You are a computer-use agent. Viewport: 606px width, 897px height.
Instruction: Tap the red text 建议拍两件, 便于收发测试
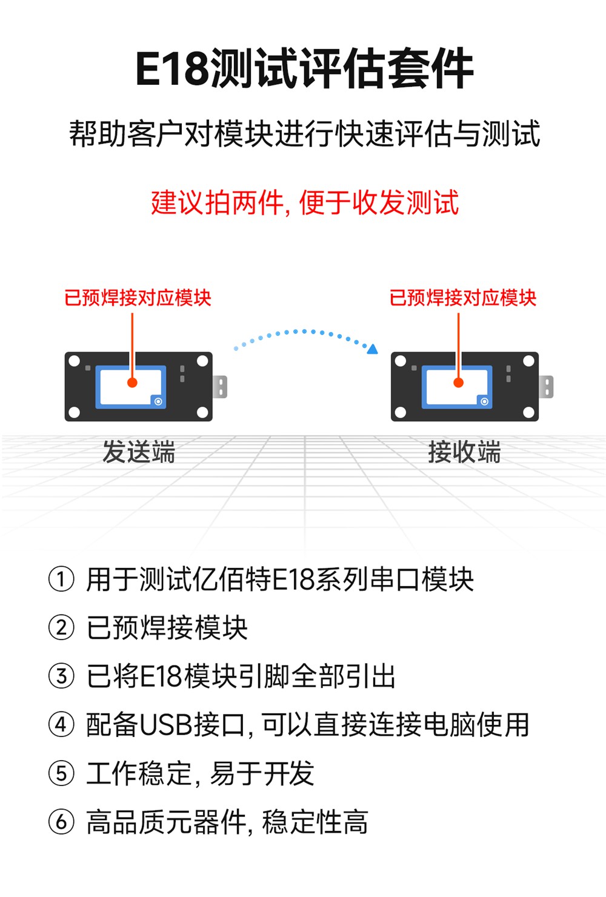coord(305,202)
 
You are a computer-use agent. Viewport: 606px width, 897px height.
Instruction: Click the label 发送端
coord(139,452)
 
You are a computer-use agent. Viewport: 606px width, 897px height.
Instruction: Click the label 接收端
coord(464,452)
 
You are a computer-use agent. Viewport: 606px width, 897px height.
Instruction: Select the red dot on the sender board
coord(132,382)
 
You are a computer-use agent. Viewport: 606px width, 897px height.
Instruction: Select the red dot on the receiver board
coord(459,382)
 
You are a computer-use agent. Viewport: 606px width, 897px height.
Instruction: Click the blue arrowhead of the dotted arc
coord(372,349)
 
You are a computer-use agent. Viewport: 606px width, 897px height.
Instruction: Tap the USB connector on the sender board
coord(221,387)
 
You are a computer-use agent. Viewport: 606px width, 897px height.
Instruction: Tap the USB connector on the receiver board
coord(547,387)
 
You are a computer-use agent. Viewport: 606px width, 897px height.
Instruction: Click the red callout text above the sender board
coord(138,298)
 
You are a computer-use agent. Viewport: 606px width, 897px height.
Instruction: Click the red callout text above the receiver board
coord(463,298)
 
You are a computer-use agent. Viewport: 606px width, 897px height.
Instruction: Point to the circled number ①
coord(61,579)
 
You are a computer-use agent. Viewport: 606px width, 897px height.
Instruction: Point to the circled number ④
coord(61,725)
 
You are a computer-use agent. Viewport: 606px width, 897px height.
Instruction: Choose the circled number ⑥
coord(61,822)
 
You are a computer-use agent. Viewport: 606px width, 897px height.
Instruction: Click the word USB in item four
coord(165,725)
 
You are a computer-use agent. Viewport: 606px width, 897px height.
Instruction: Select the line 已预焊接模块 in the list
coord(167,628)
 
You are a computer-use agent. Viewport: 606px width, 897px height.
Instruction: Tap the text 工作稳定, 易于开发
coord(200,773)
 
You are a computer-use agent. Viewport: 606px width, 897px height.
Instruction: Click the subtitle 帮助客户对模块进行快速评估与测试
coord(304,134)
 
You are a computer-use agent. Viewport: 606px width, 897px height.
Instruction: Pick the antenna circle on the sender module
coord(158,401)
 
